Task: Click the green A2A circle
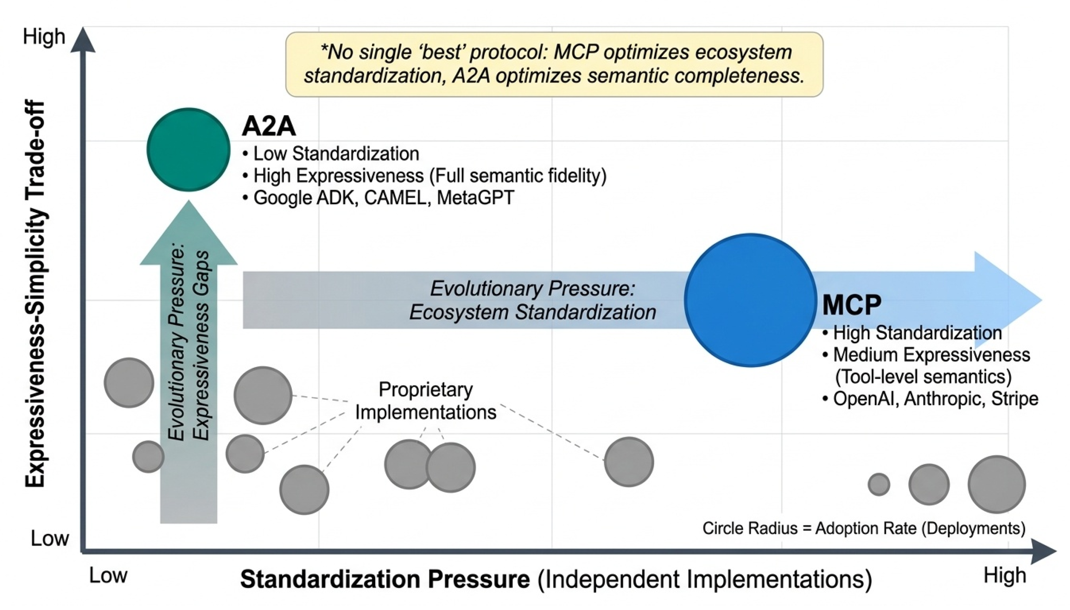click(x=188, y=150)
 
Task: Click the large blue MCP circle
click(x=750, y=300)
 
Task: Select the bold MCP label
click(x=851, y=305)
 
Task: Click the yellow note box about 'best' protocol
click(x=554, y=64)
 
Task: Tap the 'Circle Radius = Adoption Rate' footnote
click(x=863, y=528)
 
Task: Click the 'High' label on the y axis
click(x=44, y=37)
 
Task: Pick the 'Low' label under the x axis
click(x=108, y=576)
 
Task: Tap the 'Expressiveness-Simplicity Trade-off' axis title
click(x=35, y=293)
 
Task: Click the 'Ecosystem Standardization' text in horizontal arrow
click(x=532, y=312)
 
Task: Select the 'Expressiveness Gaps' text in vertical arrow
click(x=201, y=345)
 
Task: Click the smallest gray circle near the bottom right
click(x=878, y=484)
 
